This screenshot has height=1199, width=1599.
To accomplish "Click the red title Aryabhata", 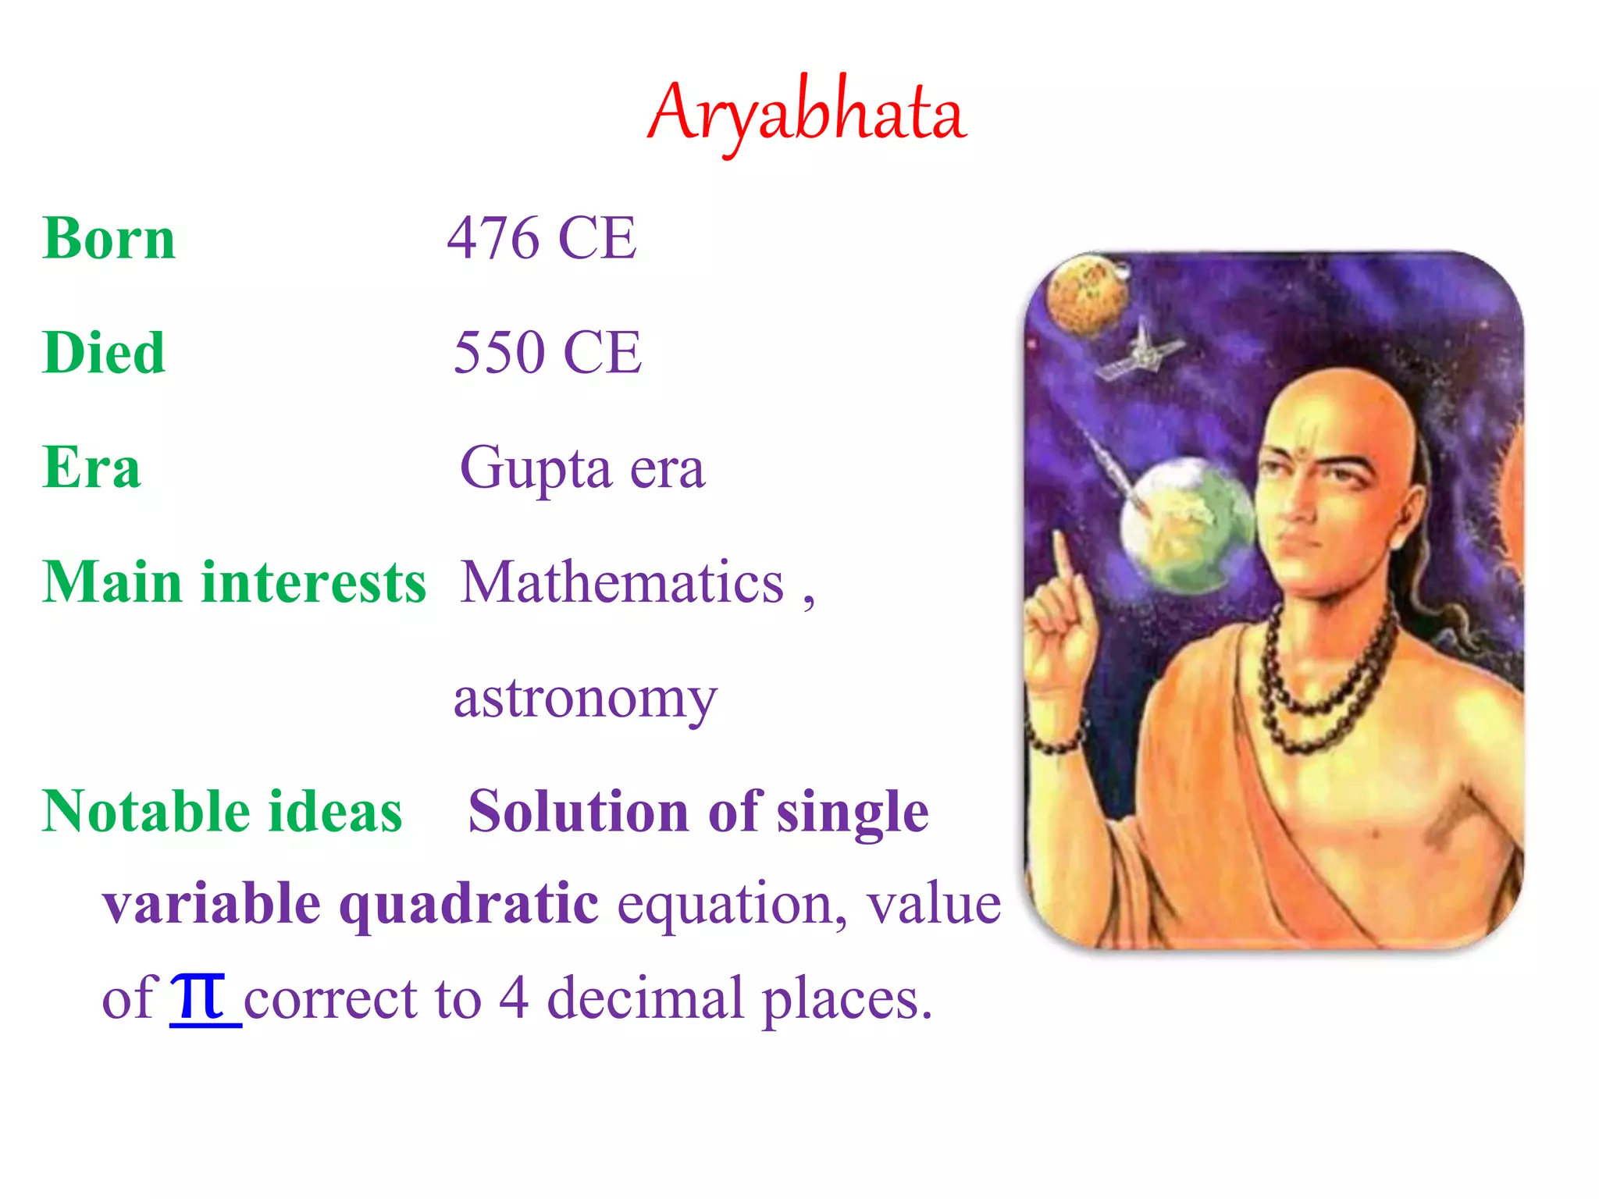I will pyautogui.click(x=807, y=113).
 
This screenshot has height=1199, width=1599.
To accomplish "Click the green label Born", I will pyautogui.click(x=109, y=238).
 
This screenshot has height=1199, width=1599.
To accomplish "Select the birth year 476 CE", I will pyautogui.click(x=542, y=238).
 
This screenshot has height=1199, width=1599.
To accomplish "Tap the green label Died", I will pyautogui.click(x=104, y=353).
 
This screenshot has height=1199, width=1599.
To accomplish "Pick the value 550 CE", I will pyautogui.click(x=547, y=353).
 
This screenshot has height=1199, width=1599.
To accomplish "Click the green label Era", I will pyautogui.click(x=91, y=468).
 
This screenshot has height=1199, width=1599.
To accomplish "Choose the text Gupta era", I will pyautogui.click(x=582, y=468).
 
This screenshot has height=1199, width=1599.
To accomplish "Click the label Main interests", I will pyautogui.click(x=234, y=582).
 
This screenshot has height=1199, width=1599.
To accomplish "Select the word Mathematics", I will pyautogui.click(x=622, y=582).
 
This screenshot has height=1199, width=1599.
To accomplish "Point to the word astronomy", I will pyautogui.click(x=585, y=698).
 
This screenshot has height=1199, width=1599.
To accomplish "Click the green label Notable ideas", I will pyautogui.click(x=222, y=812).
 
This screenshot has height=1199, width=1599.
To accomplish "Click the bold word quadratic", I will pyautogui.click(x=468, y=904).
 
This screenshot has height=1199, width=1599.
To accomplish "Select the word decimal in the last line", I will pyautogui.click(x=645, y=998).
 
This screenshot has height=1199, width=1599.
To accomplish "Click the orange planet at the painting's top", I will pyautogui.click(x=1086, y=294).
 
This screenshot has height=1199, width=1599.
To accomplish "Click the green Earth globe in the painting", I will pyautogui.click(x=1186, y=523).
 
